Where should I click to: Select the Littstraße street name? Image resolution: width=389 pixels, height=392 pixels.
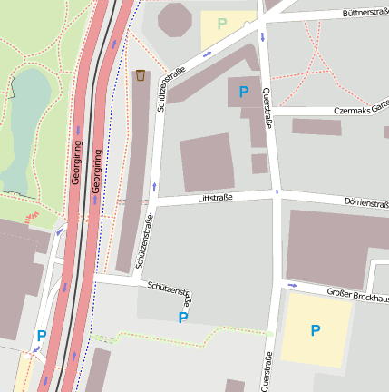214,197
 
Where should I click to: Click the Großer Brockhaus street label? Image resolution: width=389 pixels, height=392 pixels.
357,296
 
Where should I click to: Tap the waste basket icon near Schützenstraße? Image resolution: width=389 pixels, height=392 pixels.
141,74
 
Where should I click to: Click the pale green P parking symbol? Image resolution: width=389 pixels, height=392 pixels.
222,23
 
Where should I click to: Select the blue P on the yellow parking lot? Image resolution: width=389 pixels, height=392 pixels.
315,331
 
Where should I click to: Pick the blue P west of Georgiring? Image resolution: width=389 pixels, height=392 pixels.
41,336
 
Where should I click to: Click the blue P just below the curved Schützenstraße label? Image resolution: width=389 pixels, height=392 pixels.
183,318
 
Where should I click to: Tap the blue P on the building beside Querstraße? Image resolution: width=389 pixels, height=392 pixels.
243,92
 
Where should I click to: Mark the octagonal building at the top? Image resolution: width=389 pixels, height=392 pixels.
175,18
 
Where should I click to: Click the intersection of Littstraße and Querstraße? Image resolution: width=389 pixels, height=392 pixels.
275,193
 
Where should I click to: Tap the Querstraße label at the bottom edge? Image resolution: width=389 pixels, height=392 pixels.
267,372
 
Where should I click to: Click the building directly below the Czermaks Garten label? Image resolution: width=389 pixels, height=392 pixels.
316,127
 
